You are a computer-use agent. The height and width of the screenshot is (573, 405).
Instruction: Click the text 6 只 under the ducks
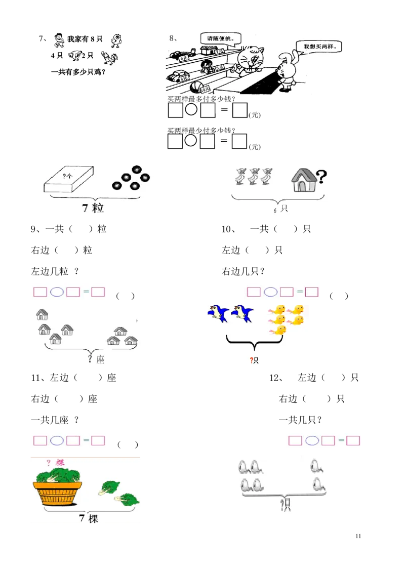[x=280, y=209]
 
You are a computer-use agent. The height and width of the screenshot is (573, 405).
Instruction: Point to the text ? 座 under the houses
[x=96, y=359]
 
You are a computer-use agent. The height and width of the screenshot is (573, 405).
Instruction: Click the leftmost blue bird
[x=218, y=312]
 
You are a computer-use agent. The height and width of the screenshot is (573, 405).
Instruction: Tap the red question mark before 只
[x=251, y=360]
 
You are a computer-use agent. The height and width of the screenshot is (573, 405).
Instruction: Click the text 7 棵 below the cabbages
[x=88, y=518]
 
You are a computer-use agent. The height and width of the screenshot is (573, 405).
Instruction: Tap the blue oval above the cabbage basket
[x=57, y=440]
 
